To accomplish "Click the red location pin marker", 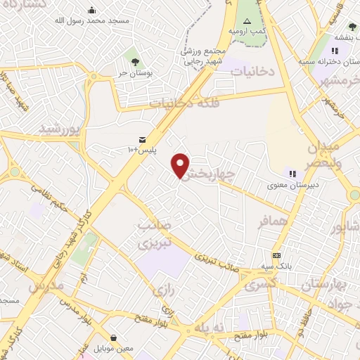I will [181, 165].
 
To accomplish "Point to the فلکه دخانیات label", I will [181, 103].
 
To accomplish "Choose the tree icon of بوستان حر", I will [130, 55].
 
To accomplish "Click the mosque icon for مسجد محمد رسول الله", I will [92, 11].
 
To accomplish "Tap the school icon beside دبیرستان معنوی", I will [292, 174].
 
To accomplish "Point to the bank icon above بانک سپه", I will [277, 255].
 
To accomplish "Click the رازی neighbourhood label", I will [163, 289].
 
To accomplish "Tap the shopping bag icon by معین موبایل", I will [114, 337].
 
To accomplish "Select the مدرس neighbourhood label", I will [46, 287].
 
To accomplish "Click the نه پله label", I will [209, 328].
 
